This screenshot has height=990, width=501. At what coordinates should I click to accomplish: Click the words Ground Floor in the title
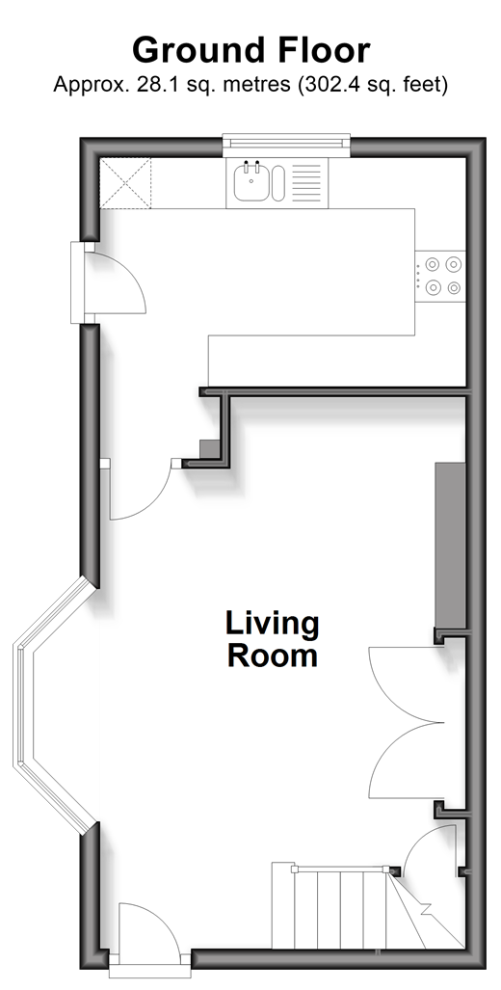pyautogui.click(x=250, y=50)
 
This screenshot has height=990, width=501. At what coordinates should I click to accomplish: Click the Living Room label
pyautogui.click(x=273, y=639)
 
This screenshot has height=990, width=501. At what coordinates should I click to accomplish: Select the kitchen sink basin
pyautogui.click(x=251, y=182)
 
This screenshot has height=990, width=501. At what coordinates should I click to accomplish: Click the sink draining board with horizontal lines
pyautogui.click(x=306, y=183)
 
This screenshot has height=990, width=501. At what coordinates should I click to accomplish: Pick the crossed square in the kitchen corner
pyautogui.click(x=125, y=183)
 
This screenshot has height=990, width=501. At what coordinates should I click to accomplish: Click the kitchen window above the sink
pyautogui.click(x=287, y=141)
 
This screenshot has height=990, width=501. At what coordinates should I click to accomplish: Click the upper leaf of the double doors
pyautogui.click(x=404, y=683)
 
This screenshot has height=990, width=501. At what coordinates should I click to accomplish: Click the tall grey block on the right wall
pyautogui.click(x=451, y=547)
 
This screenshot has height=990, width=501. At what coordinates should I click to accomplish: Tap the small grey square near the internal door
pyautogui.click(x=208, y=449)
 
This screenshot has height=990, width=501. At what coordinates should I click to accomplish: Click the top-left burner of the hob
pyautogui.click(x=433, y=264)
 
